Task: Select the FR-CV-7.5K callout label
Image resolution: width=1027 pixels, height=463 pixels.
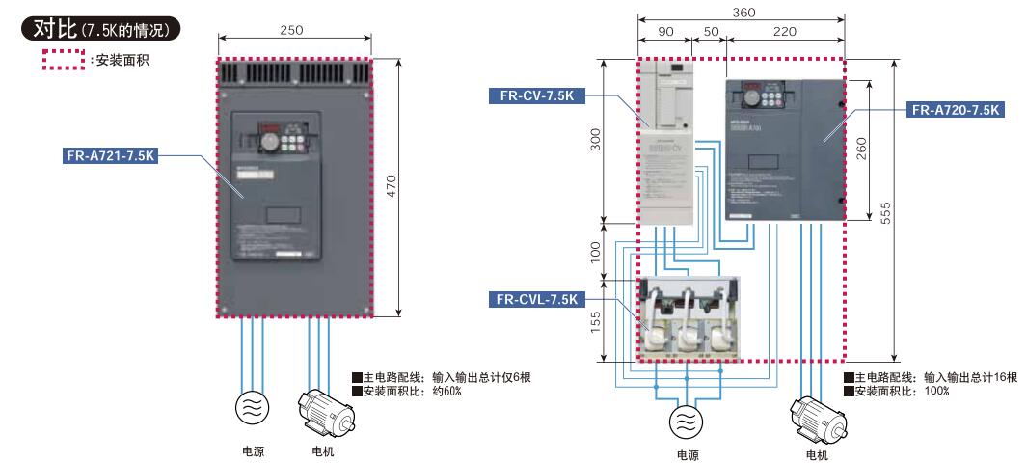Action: point(538,95)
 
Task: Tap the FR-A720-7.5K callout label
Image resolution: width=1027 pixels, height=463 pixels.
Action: point(955,110)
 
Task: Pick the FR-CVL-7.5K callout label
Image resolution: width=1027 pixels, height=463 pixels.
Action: point(535,299)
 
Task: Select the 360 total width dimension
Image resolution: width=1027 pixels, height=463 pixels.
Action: point(743,13)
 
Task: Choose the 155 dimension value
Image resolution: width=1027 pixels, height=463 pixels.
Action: point(595,321)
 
